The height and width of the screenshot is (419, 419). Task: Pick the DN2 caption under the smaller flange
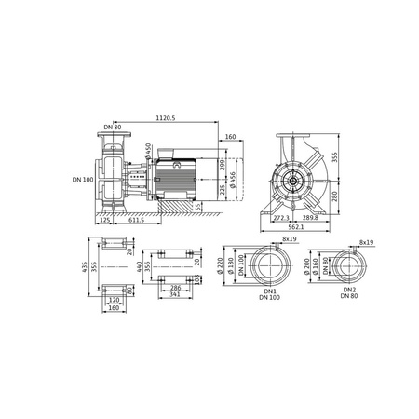349,290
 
